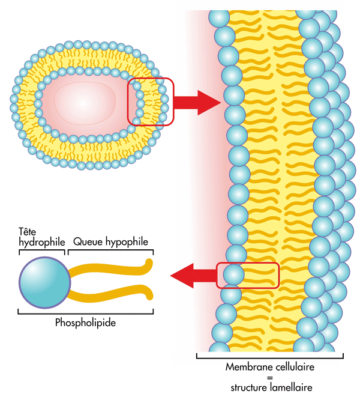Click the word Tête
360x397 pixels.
coord(28,232)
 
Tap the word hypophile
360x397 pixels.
coord(125,241)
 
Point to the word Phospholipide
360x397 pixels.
coord(85,323)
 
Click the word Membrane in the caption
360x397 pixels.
coord(247,366)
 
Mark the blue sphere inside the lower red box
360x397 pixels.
coord(233,274)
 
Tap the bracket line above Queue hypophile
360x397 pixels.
coord(110,249)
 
